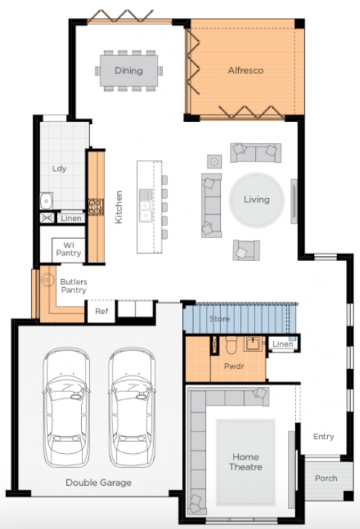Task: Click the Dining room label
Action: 129,71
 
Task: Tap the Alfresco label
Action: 245,70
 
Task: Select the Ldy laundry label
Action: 59,168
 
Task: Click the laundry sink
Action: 47,201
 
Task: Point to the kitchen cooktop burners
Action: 96,207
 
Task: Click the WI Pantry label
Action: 68,249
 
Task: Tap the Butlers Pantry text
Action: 74,286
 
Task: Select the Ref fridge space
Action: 101,311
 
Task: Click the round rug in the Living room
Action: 257,199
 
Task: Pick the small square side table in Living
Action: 214,161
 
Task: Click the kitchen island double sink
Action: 146,205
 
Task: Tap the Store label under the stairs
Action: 219,318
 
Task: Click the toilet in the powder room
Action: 231,344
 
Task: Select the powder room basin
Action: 254,344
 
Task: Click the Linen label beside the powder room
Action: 283,344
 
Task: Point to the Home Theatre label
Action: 245,462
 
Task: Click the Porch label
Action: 326,478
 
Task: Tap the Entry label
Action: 324,437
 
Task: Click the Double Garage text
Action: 98,482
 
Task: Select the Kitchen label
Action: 118,207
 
